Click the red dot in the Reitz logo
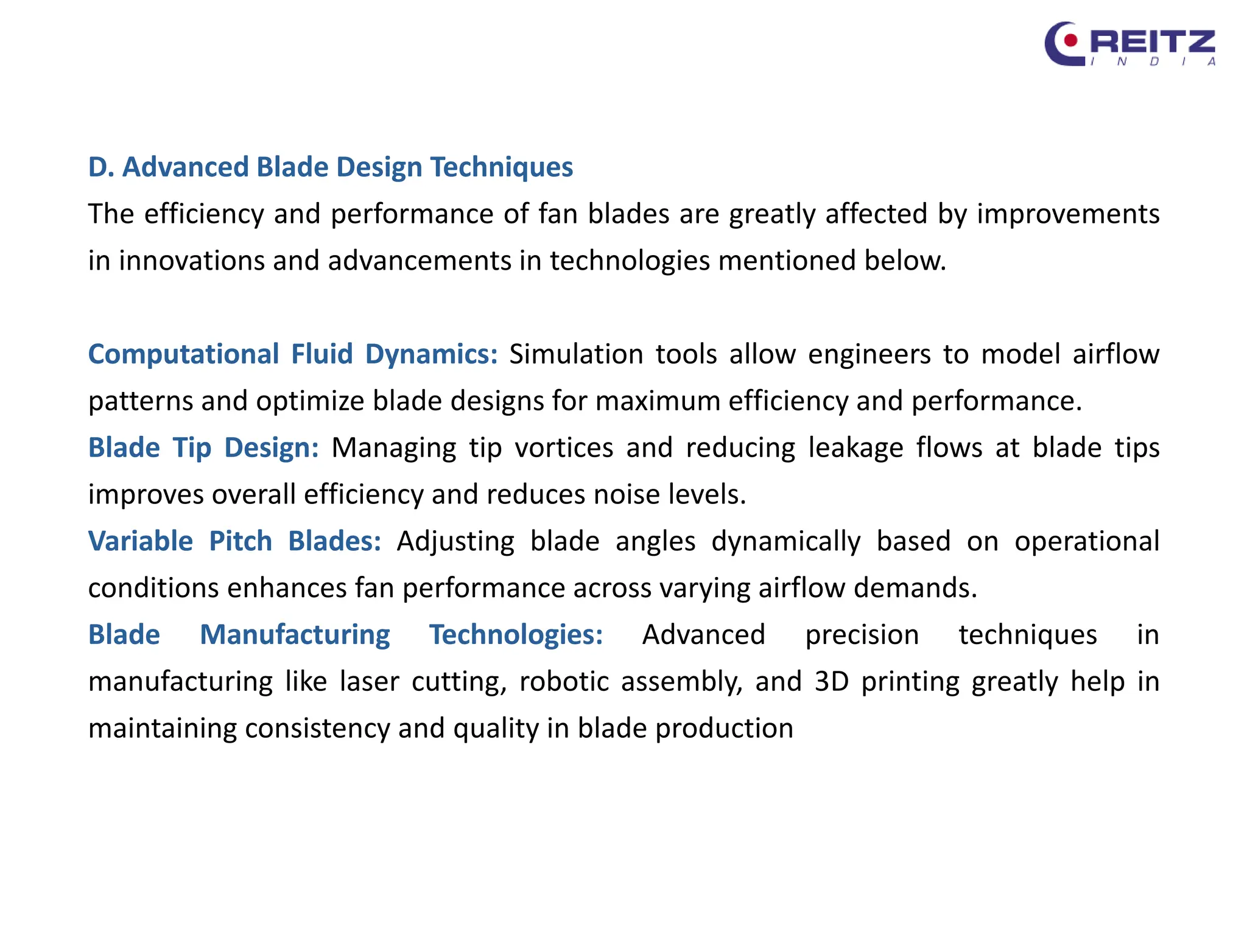coord(1070,41)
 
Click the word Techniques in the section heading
coord(502,167)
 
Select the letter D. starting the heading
coord(101,167)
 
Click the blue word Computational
coord(183,354)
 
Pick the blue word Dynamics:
coord(431,354)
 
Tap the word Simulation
coord(576,354)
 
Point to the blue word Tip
coord(192,448)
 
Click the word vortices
coord(564,448)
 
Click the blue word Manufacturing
coord(295,635)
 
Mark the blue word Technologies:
coord(516,635)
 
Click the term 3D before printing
coord(832,682)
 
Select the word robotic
coord(564,682)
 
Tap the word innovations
coord(192,261)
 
